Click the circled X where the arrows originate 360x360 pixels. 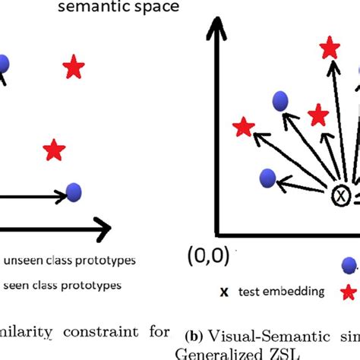coord(340,197)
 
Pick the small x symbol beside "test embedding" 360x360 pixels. coord(224,291)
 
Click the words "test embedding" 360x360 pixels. coord(282,291)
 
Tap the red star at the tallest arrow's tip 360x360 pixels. coord(329,49)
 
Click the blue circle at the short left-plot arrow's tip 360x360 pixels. coord(74,192)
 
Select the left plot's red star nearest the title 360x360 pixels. coord(73,68)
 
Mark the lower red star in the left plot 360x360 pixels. coord(53,150)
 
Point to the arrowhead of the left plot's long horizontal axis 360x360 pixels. coord(103,226)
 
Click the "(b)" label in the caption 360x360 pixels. coord(193,335)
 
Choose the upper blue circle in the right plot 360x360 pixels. coord(279,99)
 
